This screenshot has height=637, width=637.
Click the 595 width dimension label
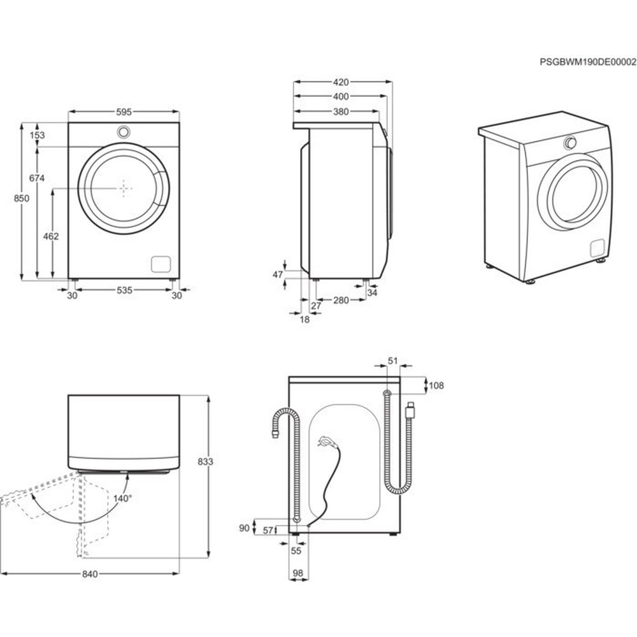(x=124, y=111)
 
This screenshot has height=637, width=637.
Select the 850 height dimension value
(x=22, y=199)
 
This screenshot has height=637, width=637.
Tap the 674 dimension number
(x=37, y=178)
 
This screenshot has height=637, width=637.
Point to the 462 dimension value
(x=52, y=236)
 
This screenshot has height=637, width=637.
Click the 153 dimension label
(x=37, y=135)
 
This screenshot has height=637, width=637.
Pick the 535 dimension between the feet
(x=124, y=290)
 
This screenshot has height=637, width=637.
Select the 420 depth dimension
(x=341, y=82)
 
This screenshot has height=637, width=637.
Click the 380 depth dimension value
(x=341, y=111)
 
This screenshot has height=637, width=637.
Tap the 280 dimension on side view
(x=341, y=300)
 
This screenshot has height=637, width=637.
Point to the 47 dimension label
(x=277, y=275)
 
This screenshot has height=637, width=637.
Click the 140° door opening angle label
(x=122, y=497)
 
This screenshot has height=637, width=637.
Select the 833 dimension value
(x=219, y=461)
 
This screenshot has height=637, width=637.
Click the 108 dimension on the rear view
(x=436, y=385)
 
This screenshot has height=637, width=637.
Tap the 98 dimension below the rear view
(x=297, y=574)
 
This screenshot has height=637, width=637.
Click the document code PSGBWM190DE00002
(x=587, y=62)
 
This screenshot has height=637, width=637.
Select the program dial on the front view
(x=124, y=132)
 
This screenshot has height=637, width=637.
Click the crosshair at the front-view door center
(x=124, y=188)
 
